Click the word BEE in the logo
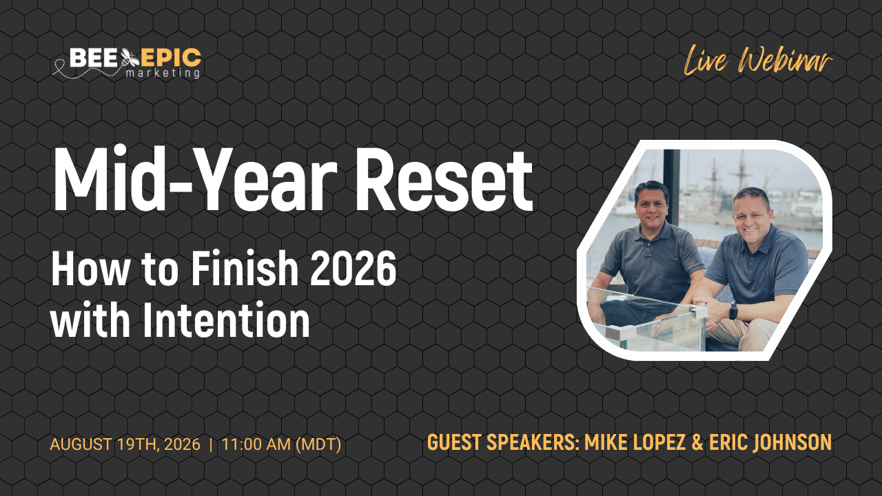click(93, 58)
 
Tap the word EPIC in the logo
click(171, 58)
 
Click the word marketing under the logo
click(163, 73)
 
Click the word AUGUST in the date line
click(81, 444)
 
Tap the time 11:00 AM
click(256, 444)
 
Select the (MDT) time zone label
click(318, 444)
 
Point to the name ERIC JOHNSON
click(770, 442)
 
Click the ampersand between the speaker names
click(697, 442)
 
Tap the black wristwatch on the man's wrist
click(733, 311)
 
